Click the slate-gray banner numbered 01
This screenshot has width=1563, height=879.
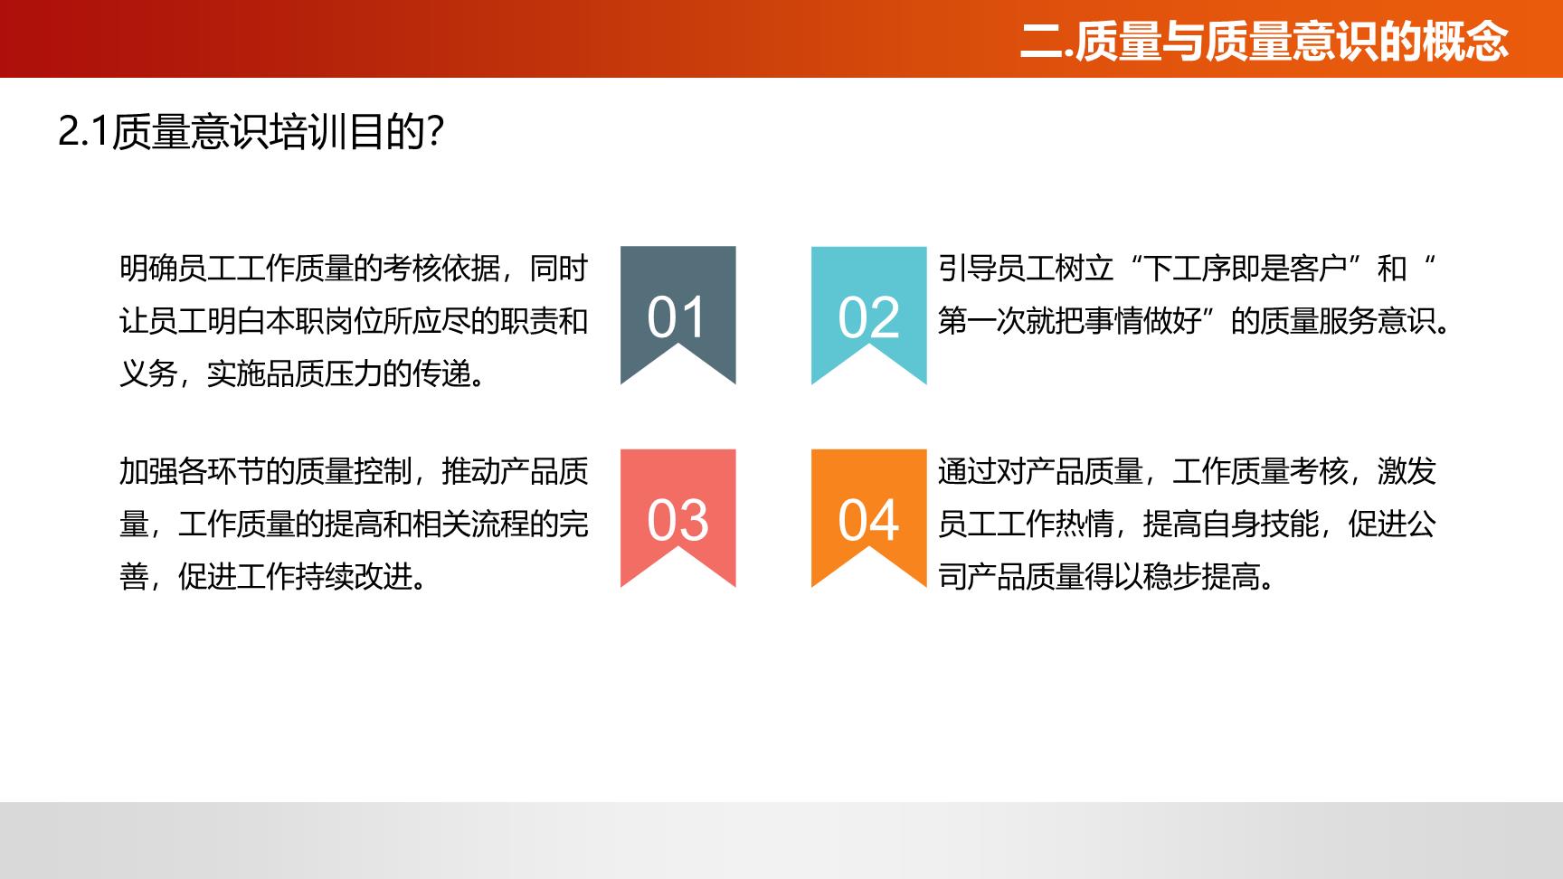click(x=678, y=307)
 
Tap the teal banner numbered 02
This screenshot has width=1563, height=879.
click(x=869, y=307)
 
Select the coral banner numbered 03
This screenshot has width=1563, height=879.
click(x=678, y=511)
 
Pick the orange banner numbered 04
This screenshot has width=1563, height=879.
click(x=869, y=511)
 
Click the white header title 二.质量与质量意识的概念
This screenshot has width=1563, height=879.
click(x=1265, y=41)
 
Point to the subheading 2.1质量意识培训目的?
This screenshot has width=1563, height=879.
click(x=251, y=132)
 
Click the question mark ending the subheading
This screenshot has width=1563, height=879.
click(x=434, y=132)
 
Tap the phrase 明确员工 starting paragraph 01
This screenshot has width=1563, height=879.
click(x=177, y=269)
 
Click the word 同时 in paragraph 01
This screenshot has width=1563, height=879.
click(x=559, y=269)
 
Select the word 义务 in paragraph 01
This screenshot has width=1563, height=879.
click(x=148, y=373)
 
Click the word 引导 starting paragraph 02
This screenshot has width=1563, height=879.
click(x=967, y=269)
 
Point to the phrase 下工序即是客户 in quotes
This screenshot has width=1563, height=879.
click(x=1246, y=269)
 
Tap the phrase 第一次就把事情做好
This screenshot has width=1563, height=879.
click(x=1069, y=321)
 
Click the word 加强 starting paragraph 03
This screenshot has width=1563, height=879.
click(x=148, y=471)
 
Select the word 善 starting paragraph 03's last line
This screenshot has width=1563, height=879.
click(x=134, y=576)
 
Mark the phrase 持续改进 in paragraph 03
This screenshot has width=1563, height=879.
click(x=354, y=576)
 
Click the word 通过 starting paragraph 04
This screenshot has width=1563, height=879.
click(x=967, y=471)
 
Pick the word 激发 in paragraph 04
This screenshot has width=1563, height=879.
click(x=1407, y=471)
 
